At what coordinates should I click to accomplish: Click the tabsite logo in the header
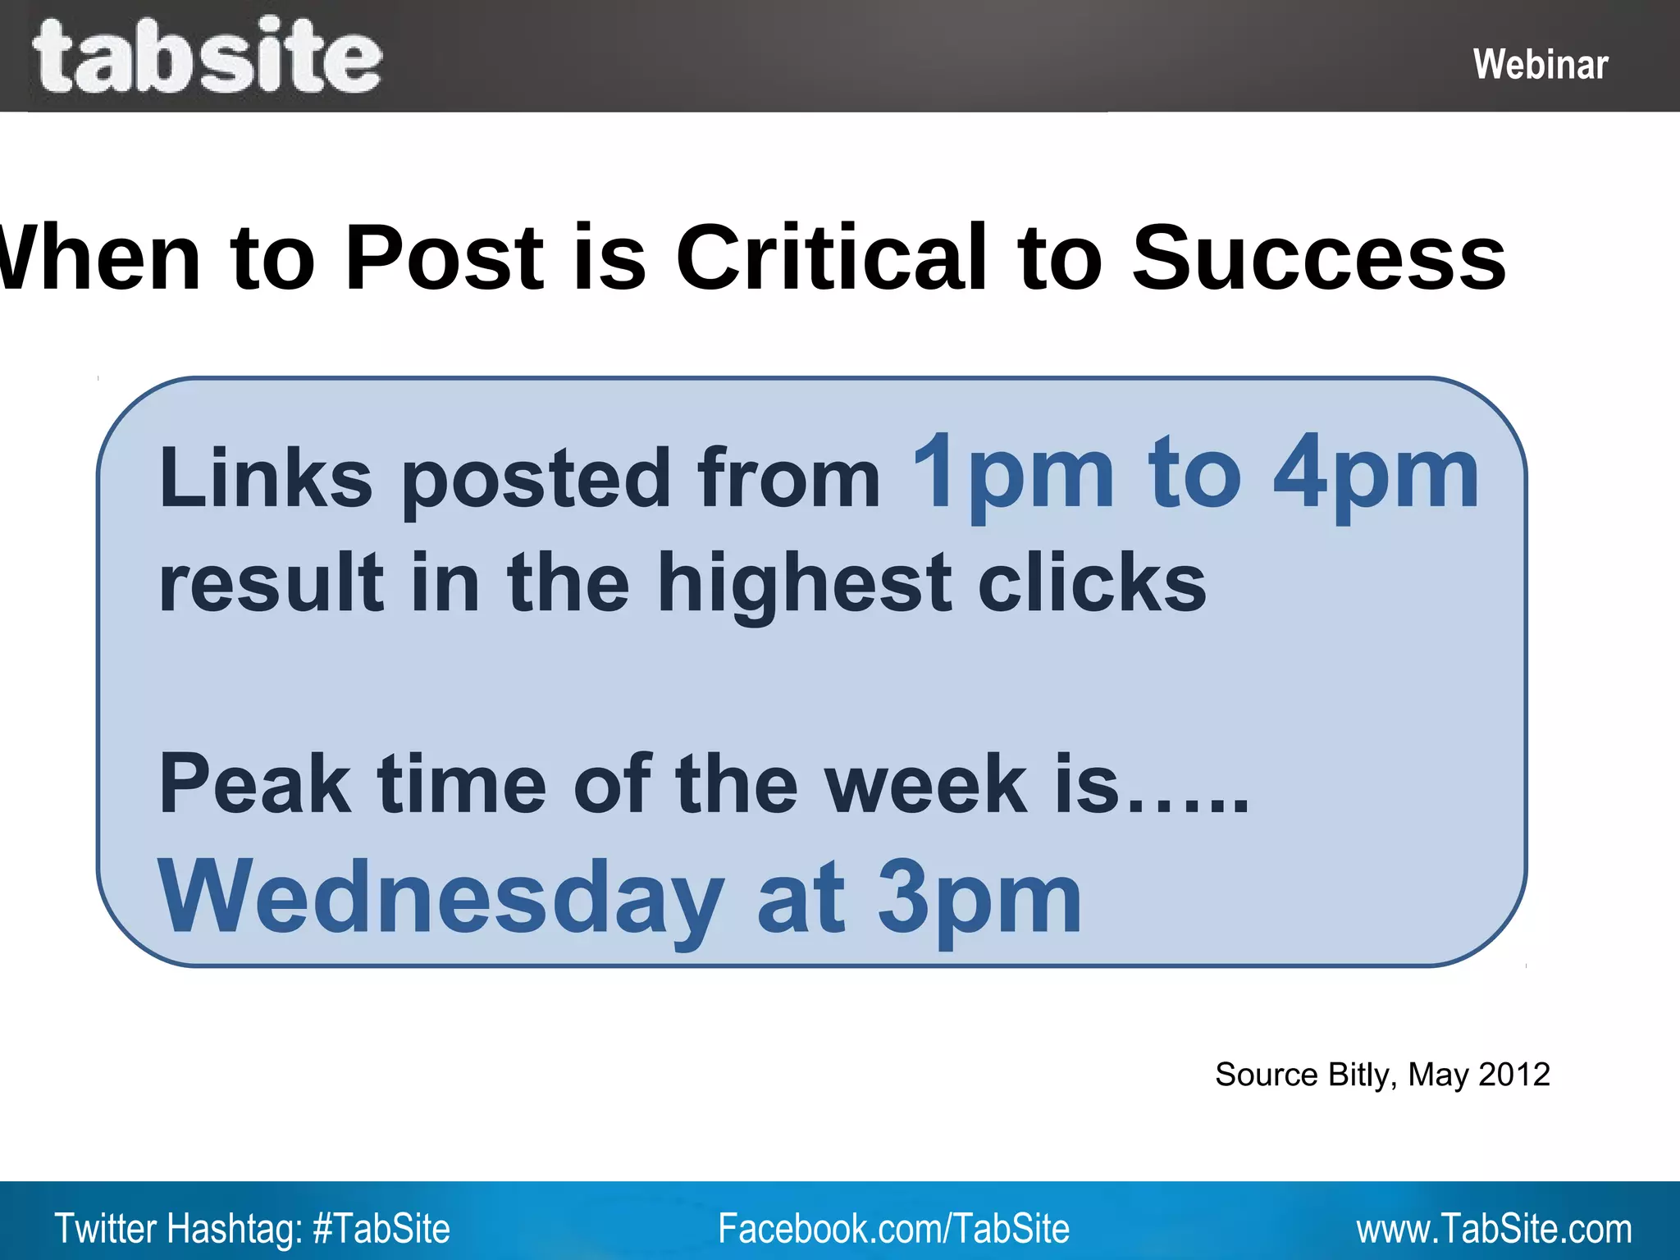pyautogui.click(x=207, y=56)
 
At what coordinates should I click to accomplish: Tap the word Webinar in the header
pyautogui.click(x=1540, y=65)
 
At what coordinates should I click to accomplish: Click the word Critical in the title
pyautogui.click(x=831, y=258)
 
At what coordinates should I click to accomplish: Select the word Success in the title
pyautogui.click(x=1318, y=258)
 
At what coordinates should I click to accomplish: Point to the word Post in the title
pyautogui.click(x=444, y=258)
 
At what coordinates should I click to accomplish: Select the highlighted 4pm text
pyautogui.click(x=1376, y=475)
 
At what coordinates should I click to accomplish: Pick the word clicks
pyautogui.click(x=1092, y=582)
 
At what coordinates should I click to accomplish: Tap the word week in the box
pyautogui.click(x=925, y=784)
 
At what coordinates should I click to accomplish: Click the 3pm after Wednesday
pyautogui.click(x=979, y=899)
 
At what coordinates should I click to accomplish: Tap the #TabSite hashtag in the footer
pyautogui.click(x=381, y=1229)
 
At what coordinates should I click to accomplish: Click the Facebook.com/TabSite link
pyautogui.click(x=893, y=1229)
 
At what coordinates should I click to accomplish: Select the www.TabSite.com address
pyautogui.click(x=1493, y=1229)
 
